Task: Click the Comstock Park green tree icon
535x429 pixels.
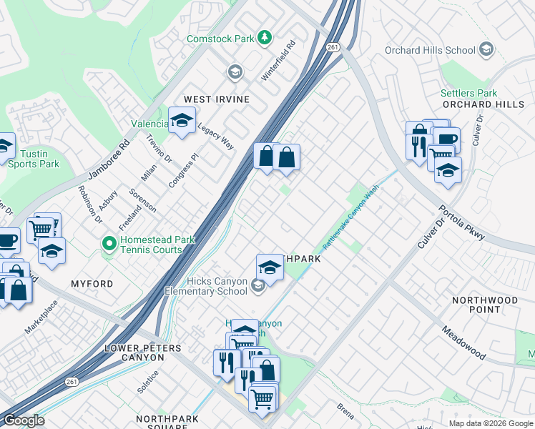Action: pos(265,36)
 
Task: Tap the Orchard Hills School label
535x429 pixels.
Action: pos(430,50)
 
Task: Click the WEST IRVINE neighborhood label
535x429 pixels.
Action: pos(217,99)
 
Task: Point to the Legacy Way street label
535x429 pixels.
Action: pos(216,134)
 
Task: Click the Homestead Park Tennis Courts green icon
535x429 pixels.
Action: pos(109,245)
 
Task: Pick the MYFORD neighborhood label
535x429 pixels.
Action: pos(92,284)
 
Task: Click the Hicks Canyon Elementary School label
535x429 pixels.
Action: pos(206,286)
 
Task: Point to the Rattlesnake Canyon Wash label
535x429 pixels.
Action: pos(350,219)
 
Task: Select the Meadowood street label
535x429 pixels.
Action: pos(463,342)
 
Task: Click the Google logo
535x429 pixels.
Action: pos(23,420)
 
